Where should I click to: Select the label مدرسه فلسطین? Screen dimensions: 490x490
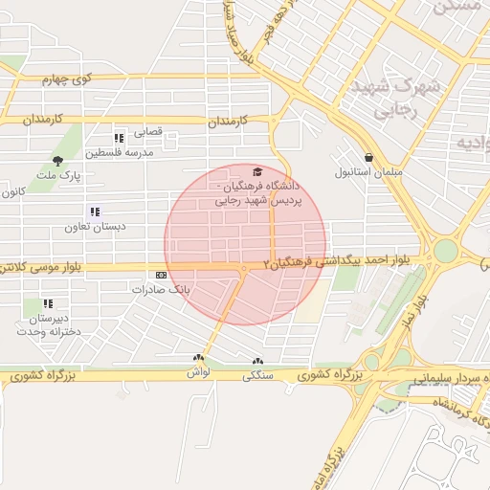(112, 152)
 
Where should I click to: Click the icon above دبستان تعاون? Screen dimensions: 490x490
(94, 212)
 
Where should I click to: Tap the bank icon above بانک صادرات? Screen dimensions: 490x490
(161, 275)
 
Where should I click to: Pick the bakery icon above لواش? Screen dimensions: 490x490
(199, 358)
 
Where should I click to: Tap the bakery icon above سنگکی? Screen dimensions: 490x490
(256, 362)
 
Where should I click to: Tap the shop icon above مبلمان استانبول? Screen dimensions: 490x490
(369, 158)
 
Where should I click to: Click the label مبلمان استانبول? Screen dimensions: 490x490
(369, 173)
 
